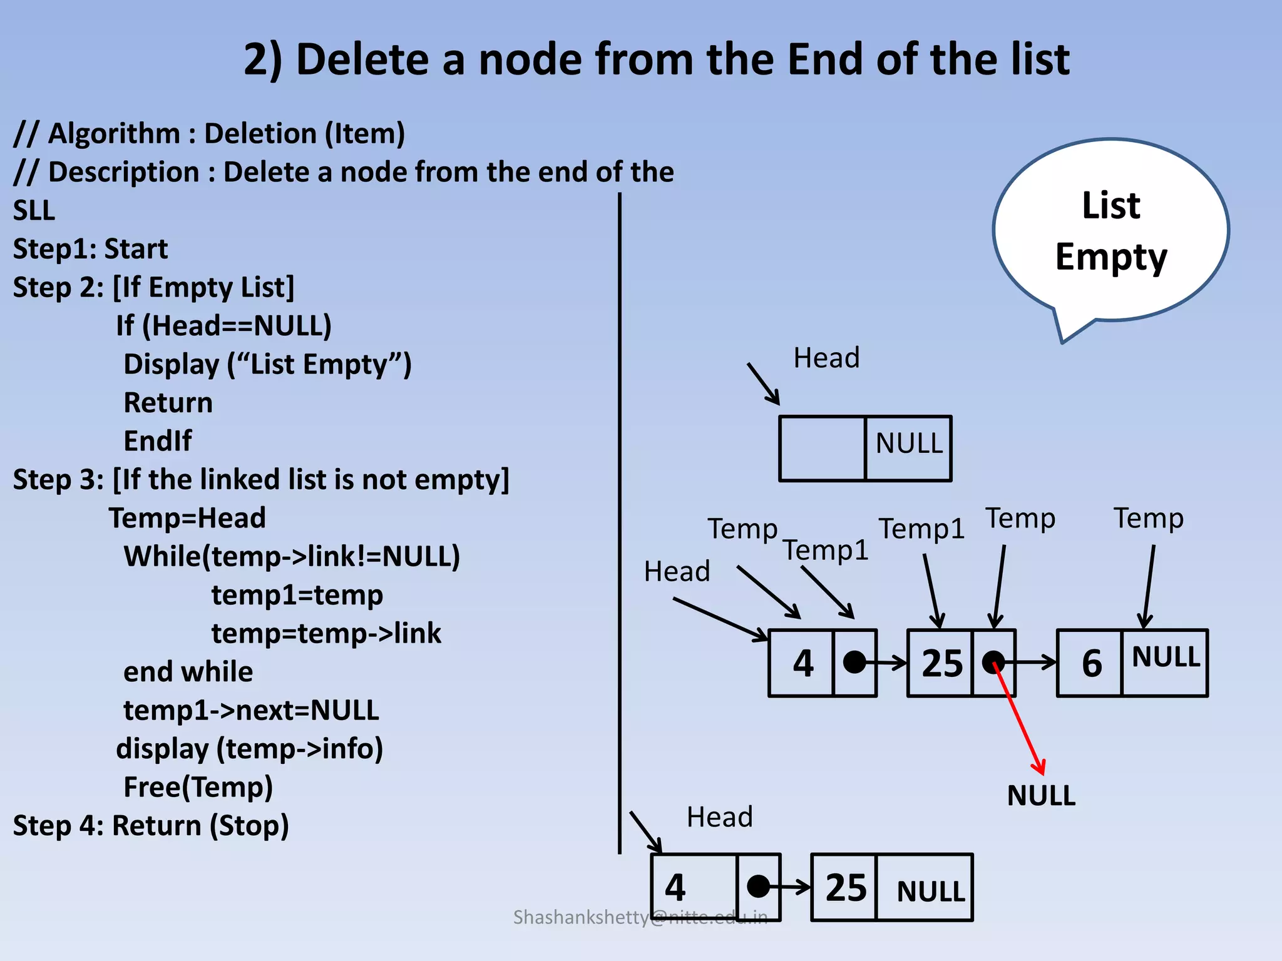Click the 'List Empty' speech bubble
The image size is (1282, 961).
coord(1111,231)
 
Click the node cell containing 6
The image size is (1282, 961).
coord(1090,663)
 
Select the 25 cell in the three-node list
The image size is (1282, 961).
coord(941,663)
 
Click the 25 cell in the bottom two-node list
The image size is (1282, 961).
coord(845,887)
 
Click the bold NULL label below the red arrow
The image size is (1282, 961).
coord(1041,796)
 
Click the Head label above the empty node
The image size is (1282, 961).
coord(826,358)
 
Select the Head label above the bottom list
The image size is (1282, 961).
coord(719,817)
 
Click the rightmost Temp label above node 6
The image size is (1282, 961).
coord(1148,518)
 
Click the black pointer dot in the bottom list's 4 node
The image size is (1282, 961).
coord(758,887)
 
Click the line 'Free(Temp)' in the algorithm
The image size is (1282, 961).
coord(198,787)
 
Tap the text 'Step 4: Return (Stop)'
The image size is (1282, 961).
coord(151,826)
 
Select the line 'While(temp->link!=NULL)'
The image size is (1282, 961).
coord(292,556)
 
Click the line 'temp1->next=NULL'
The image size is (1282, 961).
coord(251,710)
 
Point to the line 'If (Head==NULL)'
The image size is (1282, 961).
coord(223,326)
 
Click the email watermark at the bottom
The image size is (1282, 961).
coord(640,917)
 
